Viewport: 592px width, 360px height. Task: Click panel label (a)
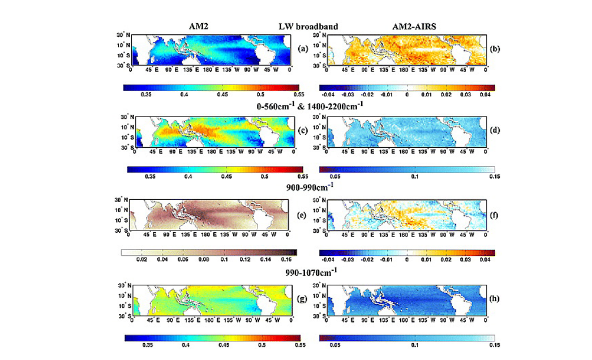(304, 49)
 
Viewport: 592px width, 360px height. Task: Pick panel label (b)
(495, 49)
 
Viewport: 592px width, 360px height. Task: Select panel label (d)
(495, 132)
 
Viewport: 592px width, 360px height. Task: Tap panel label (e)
(304, 216)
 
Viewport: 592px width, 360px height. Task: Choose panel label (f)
(495, 216)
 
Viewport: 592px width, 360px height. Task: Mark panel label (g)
(304, 299)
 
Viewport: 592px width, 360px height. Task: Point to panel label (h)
(495, 299)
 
